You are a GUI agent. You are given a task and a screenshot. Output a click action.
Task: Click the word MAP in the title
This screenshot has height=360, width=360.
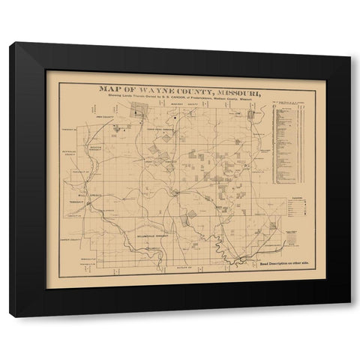(x=114, y=88)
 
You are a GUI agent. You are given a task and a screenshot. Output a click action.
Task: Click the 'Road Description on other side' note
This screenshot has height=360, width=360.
(x=286, y=265)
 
